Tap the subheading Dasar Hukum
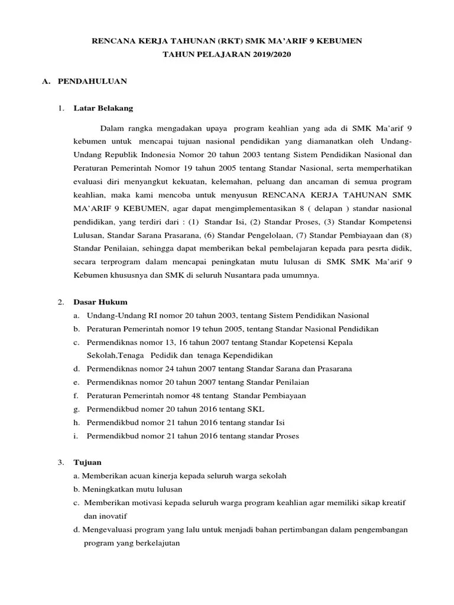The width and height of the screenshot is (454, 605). tap(100, 302)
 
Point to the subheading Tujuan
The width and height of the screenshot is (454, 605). tap(87, 462)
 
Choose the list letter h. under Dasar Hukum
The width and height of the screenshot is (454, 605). tap(76, 422)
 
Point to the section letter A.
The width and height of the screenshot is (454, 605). tap(45, 82)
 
